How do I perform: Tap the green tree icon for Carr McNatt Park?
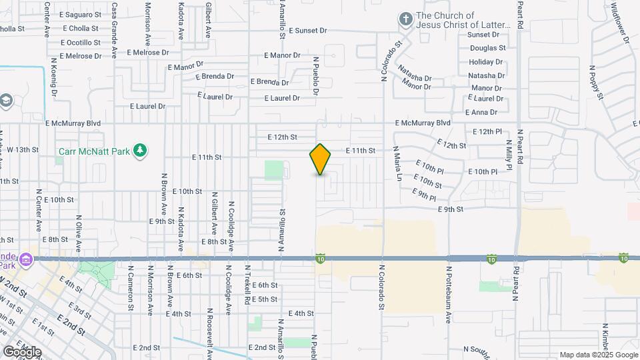(139, 151)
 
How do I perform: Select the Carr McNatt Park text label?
(94, 152)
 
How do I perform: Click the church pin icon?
(405, 20)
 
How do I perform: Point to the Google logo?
(21, 351)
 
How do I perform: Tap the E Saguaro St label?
(79, 14)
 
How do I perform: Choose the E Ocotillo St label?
(79, 43)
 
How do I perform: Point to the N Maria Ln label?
(398, 163)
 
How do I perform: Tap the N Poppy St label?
(596, 83)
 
